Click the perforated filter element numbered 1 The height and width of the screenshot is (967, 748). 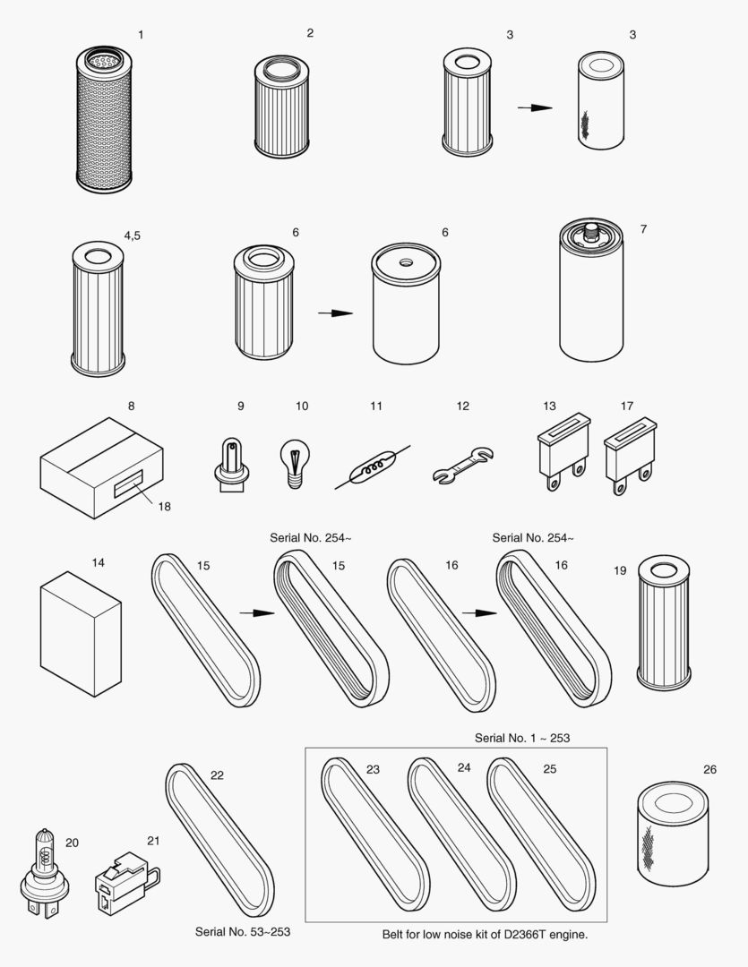tap(104, 119)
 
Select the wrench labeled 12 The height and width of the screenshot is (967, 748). tap(463, 466)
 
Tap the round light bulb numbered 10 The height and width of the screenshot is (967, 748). tap(295, 463)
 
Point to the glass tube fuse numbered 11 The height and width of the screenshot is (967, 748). tap(373, 466)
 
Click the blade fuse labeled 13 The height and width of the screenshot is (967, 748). tap(563, 451)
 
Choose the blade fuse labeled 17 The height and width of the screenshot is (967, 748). tap(630, 457)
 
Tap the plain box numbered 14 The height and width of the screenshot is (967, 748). tap(81, 634)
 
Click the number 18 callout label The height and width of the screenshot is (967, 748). tap(164, 506)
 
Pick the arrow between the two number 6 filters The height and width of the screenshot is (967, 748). tap(335, 313)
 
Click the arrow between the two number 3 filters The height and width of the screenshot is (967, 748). tap(535, 108)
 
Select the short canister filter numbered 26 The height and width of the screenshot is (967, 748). tap(673, 834)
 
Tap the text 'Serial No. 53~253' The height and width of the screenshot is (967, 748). tap(243, 932)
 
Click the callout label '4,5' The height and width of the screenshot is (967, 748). tap(132, 235)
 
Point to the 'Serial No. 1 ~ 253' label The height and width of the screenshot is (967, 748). tap(522, 738)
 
